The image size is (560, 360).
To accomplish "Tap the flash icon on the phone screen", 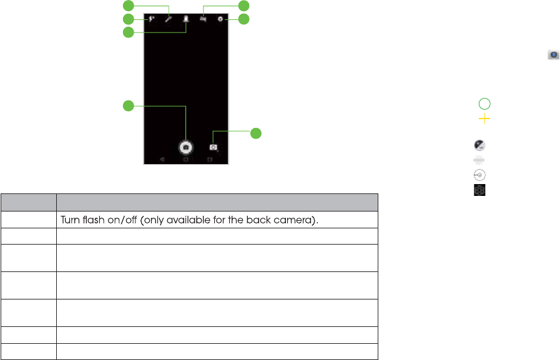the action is (152, 19).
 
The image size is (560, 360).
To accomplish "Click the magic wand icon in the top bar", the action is (169, 19).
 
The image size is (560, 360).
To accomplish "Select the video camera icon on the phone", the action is (204, 19).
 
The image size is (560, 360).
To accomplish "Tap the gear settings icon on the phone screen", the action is (221, 19).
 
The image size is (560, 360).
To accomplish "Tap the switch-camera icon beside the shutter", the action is (214, 147).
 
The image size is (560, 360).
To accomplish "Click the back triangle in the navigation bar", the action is (162, 159).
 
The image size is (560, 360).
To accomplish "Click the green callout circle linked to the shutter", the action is (128, 106).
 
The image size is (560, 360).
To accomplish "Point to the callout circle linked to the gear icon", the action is (243, 19).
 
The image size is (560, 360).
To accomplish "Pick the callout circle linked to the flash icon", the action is (128, 19).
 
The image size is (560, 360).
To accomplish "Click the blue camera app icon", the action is (553, 55).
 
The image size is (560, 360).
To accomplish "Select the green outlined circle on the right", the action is (484, 104).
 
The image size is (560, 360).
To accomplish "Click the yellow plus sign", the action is (484, 119).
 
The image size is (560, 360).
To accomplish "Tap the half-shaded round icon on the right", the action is (479, 145).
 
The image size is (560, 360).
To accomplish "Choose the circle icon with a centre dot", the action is (479, 175).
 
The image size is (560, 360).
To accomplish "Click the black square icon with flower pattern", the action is (479, 190).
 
